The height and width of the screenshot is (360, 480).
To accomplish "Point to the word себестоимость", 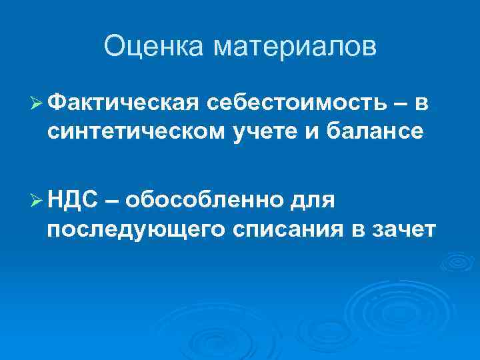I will pos(295,103).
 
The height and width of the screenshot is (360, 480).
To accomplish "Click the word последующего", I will pos(136,228).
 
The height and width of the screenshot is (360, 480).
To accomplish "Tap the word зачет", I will pos(403,228).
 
